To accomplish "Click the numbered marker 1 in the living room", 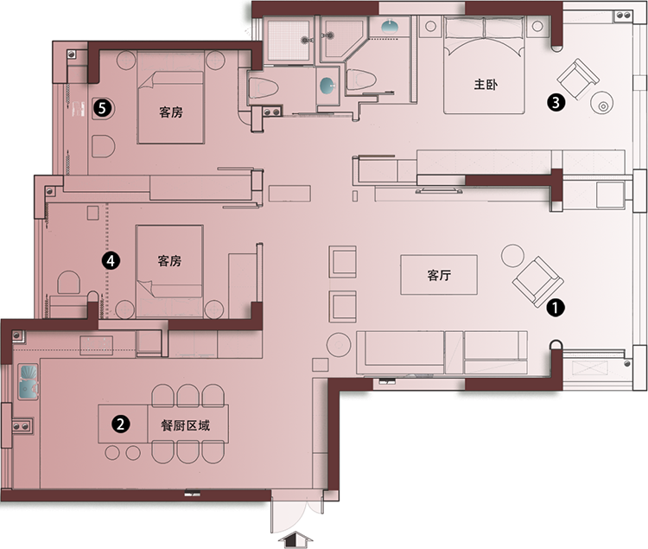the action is pyautogui.click(x=556, y=308).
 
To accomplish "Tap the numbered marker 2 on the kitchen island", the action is pyautogui.click(x=121, y=425).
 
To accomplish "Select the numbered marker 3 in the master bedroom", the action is pyautogui.click(x=556, y=102).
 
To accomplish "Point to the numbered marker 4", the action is pyautogui.click(x=111, y=261).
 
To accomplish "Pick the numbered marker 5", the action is pyautogui.click(x=103, y=109).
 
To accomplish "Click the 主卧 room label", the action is pyautogui.click(x=486, y=85).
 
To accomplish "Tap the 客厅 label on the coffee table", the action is pyautogui.click(x=439, y=275).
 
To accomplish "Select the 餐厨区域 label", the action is pyautogui.click(x=186, y=425).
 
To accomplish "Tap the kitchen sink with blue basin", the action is pyautogui.click(x=29, y=381).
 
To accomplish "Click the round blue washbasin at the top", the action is pyautogui.click(x=390, y=27).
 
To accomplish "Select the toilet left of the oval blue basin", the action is pyautogui.click(x=264, y=87).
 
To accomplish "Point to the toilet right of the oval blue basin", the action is pyautogui.click(x=361, y=80).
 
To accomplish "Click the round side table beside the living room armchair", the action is pyautogui.click(x=512, y=256).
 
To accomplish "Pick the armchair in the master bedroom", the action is pyautogui.click(x=578, y=80).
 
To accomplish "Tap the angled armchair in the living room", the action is pyautogui.click(x=537, y=282).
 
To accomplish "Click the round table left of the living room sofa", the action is pyautogui.click(x=339, y=345).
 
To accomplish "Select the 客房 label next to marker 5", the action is pyautogui.click(x=171, y=112).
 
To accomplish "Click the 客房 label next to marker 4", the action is pyautogui.click(x=169, y=261).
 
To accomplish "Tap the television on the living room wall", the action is pyautogui.click(x=439, y=190).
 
